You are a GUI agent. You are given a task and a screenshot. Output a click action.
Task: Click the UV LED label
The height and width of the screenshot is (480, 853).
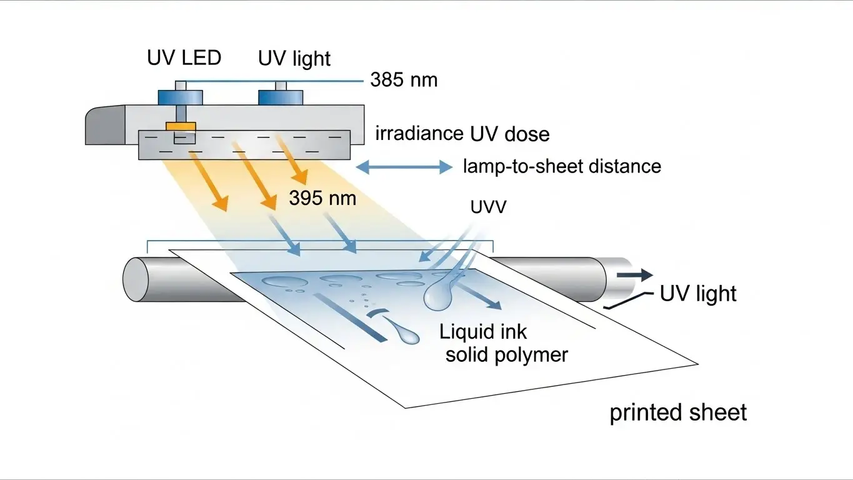pyautogui.click(x=184, y=58)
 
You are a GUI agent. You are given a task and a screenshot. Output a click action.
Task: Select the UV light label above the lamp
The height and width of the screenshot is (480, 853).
pyautogui.click(x=294, y=59)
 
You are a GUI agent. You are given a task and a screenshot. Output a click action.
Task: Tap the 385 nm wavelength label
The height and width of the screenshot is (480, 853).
pyautogui.click(x=404, y=80)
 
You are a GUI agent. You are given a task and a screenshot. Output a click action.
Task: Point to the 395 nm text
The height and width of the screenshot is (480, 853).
pyautogui.click(x=322, y=198)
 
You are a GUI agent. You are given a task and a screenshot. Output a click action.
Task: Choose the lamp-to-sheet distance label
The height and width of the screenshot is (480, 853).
pyautogui.click(x=562, y=166)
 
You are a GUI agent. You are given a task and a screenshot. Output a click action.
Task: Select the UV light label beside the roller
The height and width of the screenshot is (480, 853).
pyautogui.click(x=698, y=293)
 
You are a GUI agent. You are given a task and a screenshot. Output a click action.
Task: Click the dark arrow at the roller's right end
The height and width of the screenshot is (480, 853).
pyautogui.click(x=636, y=276)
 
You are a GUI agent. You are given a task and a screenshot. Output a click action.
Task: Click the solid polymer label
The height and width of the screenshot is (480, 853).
pyautogui.click(x=506, y=354)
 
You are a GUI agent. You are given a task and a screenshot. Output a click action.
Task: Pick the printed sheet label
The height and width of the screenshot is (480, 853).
pyautogui.click(x=678, y=412)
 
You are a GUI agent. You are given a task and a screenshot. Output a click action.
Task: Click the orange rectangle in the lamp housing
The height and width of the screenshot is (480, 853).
pyautogui.click(x=181, y=126)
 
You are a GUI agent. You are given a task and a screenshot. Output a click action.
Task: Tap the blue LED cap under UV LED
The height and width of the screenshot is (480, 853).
pyautogui.click(x=181, y=97)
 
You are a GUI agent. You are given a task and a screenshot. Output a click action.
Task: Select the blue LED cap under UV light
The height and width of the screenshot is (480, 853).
pyautogui.click(x=281, y=97)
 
